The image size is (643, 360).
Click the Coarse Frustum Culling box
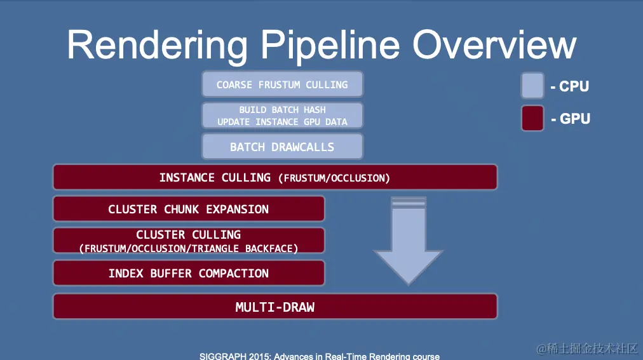(282, 84)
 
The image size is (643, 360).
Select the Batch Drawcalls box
(282, 147)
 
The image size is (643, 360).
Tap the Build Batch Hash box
(282, 116)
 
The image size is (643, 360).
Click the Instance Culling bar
(275, 177)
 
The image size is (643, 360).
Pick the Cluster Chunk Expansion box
(189, 209)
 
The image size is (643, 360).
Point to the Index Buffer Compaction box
(189, 273)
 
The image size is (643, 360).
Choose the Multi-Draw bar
(275, 306)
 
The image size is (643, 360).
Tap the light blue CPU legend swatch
(532, 86)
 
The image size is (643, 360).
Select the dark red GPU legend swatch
(532, 118)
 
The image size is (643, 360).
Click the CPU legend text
(570, 86)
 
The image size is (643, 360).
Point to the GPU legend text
(571, 119)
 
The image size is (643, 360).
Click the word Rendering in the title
(157, 46)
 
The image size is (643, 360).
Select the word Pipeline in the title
(330, 46)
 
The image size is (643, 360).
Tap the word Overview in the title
(494, 44)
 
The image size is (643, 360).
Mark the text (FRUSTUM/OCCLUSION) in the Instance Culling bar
(334, 178)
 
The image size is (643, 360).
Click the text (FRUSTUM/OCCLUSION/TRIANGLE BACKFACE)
(189, 249)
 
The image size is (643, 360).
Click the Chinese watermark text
(588, 349)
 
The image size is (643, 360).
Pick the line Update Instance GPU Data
(282, 122)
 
